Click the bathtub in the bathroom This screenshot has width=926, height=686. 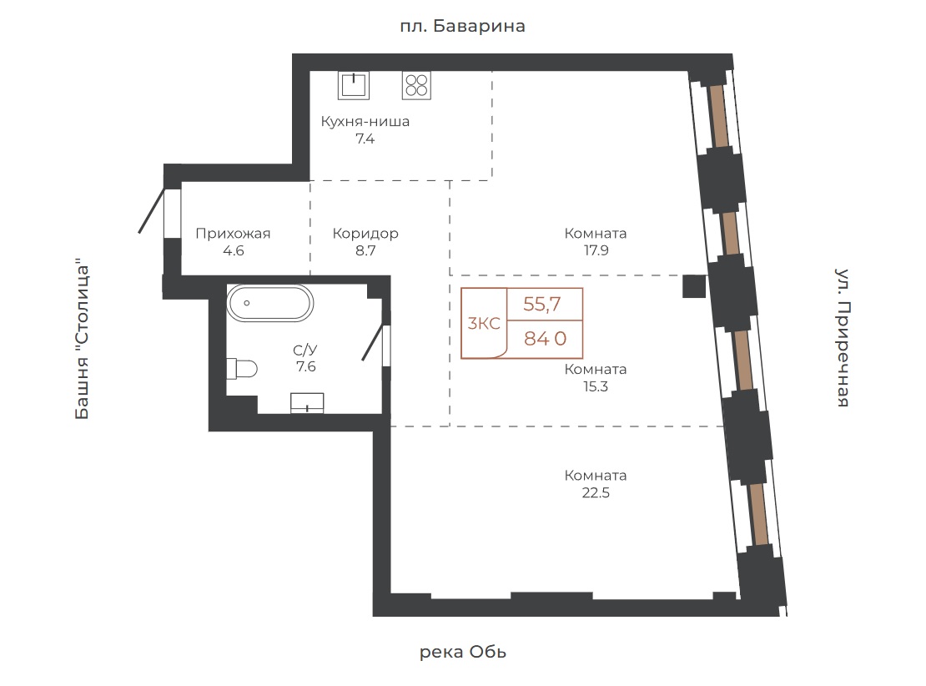pyautogui.click(x=270, y=303)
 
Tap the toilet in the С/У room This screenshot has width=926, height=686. pyautogui.click(x=242, y=369)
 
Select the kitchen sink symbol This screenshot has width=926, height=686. pyautogui.click(x=354, y=85)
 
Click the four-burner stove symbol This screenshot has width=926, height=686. pyautogui.click(x=416, y=85)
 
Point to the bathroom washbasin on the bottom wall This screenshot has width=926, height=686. pyautogui.click(x=307, y=403)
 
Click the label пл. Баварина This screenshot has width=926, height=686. pyautogui.click(x=462, y=26)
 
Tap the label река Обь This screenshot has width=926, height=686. pyautogui.click(x=463, y=652)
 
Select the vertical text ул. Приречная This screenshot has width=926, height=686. pyautogui.click(x=843, y=337)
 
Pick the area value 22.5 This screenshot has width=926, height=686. pyautogui.click(x=596, y=492)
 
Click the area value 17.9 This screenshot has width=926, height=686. pyautogui.click(x=596, y=250)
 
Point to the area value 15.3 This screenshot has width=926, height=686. pyautogui.click(x=596, y=386)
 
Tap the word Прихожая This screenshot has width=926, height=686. pyautogui.click(x=233, y=234)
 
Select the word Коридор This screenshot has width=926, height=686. pyautogui.click(x=365, y=234)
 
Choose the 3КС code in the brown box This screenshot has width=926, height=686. pyautogui.click(x=484, y=323)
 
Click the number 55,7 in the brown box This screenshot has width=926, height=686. pyautogui.click(x=542, y=305)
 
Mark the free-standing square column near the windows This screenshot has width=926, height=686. pyautogui.click(x=694, y=286)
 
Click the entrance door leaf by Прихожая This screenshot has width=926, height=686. pyautogui.click(x=152, y=210)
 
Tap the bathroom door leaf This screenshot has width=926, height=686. pyautogui.click(x=375, y=342)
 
